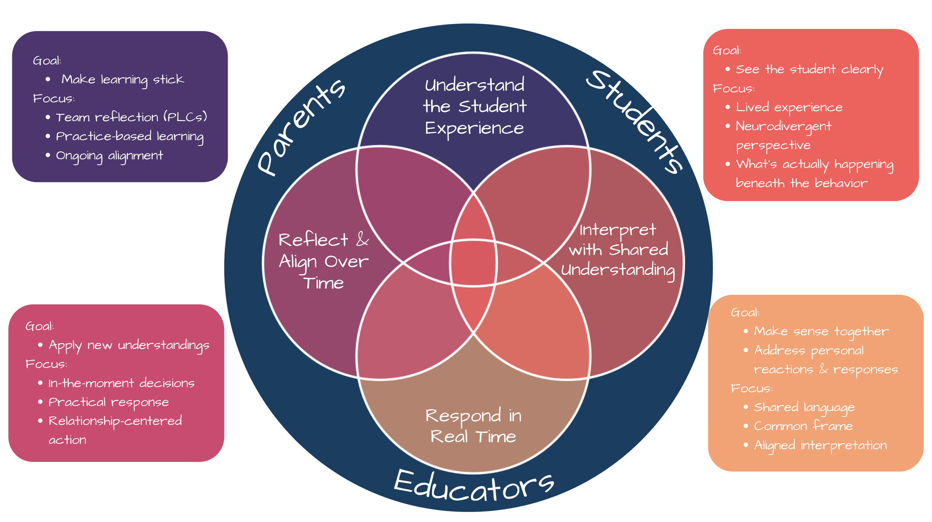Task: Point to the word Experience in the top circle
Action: (474, 129)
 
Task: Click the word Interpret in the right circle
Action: (617, 230)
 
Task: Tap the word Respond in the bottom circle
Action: (463, 415)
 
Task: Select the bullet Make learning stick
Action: (122, 79)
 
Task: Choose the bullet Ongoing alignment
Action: (109, 156)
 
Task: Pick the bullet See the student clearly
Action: (809, 70)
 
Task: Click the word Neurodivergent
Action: (783, 126)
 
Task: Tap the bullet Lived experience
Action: (789, 107)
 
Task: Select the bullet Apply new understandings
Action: (129, 345)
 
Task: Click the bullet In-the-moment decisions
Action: (121, 383)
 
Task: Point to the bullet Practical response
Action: (108, 402)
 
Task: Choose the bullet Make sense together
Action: (821, 331)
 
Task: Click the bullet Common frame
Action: (803, 426)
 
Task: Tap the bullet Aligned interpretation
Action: (820, 445)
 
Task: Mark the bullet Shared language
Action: (804, 407)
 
